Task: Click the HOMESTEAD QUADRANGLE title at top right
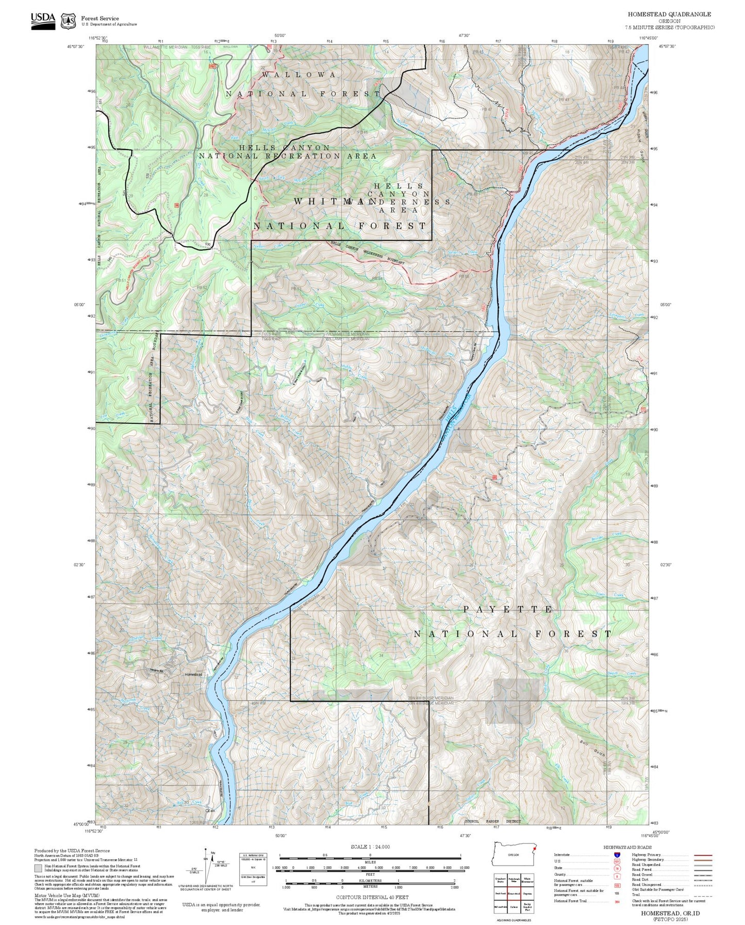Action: pos(669,14)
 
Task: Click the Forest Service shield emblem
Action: pos(68,21)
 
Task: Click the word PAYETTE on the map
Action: pos(508,609)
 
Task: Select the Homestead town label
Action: pos(194,674)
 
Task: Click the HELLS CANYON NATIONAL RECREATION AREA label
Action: pos(287,152)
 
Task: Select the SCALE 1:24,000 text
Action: pos(370,847)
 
